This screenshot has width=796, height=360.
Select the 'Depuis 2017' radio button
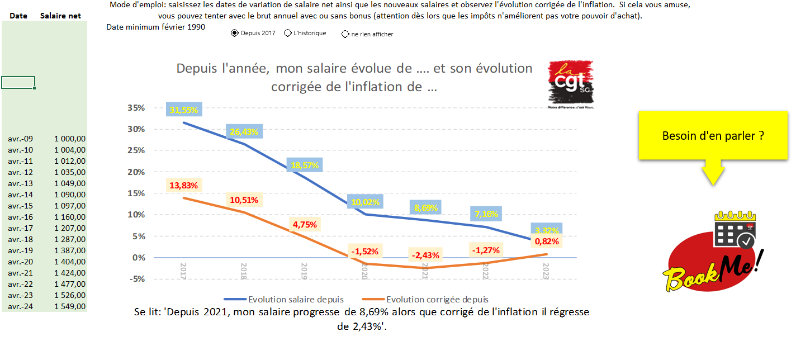[x=234, y=34]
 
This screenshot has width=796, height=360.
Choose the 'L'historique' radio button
[x=288, y=34]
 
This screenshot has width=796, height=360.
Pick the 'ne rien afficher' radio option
[x=345, y=34]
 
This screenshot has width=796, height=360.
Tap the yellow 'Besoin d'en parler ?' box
[x=713, y=136]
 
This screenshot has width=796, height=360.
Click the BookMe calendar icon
[x=735, y=230]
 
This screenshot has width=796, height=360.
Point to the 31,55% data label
[x=184, y=110]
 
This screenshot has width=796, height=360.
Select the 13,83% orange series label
[x=184, y=185]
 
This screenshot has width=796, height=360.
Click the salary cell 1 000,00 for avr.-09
[x=70, y=139]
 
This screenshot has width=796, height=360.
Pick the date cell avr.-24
[x=21, y=306]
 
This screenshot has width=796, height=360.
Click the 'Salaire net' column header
[x=60, y=16]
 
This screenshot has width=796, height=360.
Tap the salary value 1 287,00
[x=70, y=239]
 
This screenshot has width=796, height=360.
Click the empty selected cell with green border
[x=18, y=83]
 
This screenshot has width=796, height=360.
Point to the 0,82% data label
[x=547, y=241]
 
